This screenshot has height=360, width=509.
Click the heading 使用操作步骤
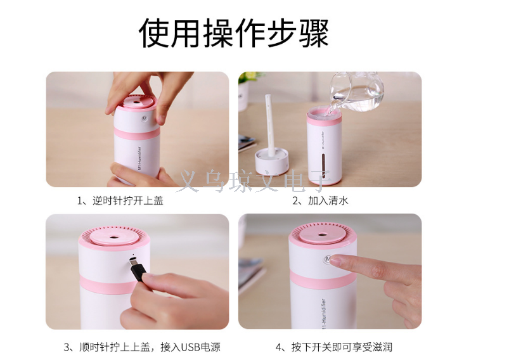click(x=234, y=33)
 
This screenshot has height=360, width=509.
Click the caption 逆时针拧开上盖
click(x=120, y=201)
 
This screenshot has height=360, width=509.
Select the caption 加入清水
click(x=320, y=201)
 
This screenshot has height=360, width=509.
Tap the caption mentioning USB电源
click(x=142, y=347)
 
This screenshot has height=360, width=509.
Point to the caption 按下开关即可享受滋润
click(x=334, y=347)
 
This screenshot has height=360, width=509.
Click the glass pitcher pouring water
click(x=356, y=91)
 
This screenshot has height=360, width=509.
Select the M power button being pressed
click(x=328, y=259)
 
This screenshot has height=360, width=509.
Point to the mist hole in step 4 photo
click(x=322, y=235)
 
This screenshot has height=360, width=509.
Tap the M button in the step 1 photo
click(x=144, y=119)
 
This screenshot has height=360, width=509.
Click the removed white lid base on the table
click(x=271, y=162)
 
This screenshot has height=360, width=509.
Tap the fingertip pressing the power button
click(x=334, y=260)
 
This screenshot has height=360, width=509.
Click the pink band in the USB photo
click(x=108, y=285)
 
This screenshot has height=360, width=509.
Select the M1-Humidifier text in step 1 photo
click(x=139, y=158)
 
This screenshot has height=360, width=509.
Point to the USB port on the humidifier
click(x=132, y=259)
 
